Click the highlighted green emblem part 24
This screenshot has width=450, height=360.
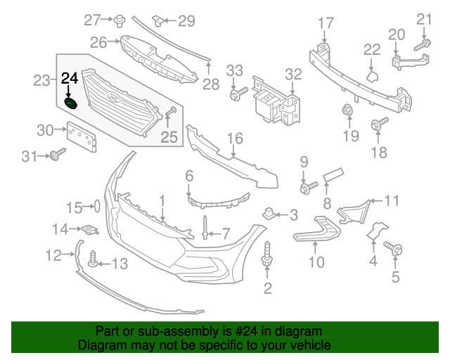(71, 105)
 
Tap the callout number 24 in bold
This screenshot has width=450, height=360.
(70, 79)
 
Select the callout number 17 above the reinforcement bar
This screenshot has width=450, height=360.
(326, 23)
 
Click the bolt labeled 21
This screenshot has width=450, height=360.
(423, 45)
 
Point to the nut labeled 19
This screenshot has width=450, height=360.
(347, 110)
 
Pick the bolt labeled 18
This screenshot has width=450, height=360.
(379, 124)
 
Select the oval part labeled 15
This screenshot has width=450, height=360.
(97, 207)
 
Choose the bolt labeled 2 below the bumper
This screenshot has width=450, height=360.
(268, 255)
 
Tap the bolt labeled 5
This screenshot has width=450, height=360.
(392, 247)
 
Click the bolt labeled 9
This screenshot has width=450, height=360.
(307, 186)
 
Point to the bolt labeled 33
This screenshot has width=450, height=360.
(238, 91)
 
